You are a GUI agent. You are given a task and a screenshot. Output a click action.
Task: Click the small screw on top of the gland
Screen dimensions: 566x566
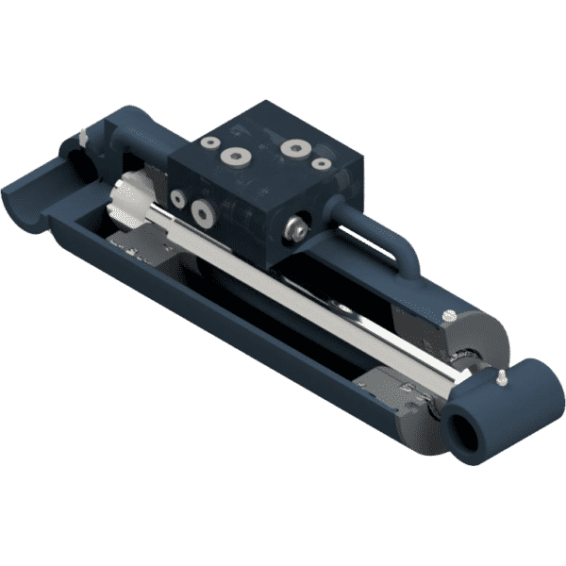pyautogui.click(x=450, y=314)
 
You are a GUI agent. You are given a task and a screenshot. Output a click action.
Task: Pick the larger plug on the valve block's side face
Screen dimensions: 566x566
pyautogui.click(x=200, y=211)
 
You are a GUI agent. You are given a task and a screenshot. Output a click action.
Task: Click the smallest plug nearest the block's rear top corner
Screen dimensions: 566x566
pyautogui.click(x=208, y=141)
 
